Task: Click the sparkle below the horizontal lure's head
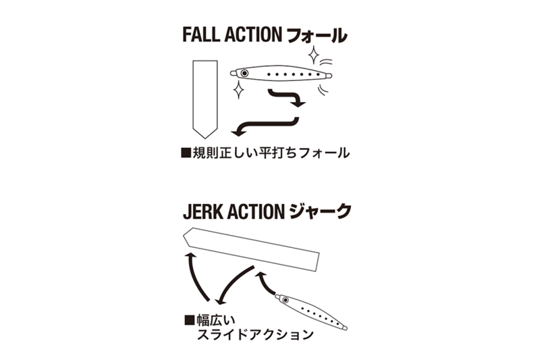tap(238, 88)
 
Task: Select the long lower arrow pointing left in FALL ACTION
tap(263, 125)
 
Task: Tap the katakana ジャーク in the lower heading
tap(322, 212)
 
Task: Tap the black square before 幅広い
tap(189, 317)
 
